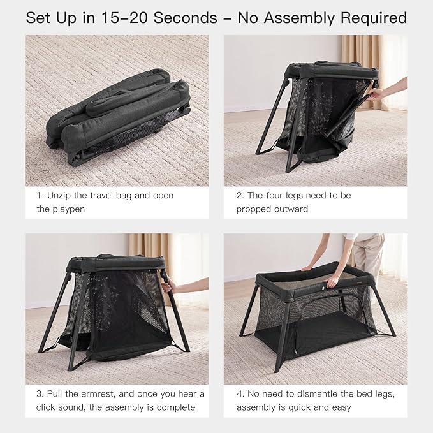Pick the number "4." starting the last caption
coord(241,393)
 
